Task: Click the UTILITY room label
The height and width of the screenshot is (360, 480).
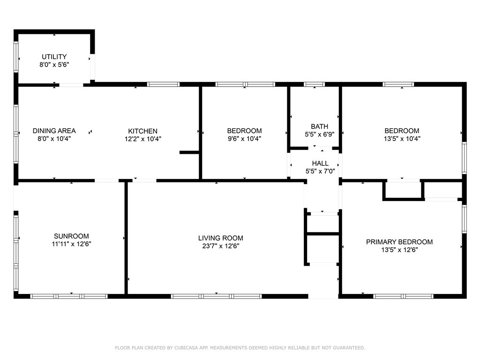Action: click(54, 57)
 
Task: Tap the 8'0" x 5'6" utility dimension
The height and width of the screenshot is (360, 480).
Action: click(54, 65)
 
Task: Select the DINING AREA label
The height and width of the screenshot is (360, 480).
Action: click(54, 131)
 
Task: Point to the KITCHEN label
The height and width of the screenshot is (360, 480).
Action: click(142, 131)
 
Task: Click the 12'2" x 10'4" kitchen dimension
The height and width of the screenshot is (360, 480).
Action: click(142, 139)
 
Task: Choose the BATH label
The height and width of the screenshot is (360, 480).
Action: click(319, 127)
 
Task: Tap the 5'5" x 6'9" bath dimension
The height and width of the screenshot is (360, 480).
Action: click(319, 134)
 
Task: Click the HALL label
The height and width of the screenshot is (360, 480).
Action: click(320, 163)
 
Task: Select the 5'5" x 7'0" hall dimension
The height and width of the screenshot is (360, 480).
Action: click(320, 171)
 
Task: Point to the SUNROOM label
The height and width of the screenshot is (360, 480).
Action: click(71, 236)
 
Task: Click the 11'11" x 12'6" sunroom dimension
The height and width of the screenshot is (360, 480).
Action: click(71, 244)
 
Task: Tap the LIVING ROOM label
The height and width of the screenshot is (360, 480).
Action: click(221, 238)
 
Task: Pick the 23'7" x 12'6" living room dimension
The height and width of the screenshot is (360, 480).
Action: click(221, 246)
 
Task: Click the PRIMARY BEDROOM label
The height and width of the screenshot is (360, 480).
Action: click(399, 242)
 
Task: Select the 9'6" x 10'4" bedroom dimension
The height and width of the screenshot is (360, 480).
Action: click(244, 139)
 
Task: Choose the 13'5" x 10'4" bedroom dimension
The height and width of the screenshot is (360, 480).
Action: click(402, 139)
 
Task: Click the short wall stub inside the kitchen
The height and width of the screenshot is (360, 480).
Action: click(189, 152)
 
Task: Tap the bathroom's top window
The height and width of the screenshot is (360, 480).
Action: click(315, 84)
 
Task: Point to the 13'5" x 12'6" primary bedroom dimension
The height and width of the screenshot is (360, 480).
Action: click(399, 250)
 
